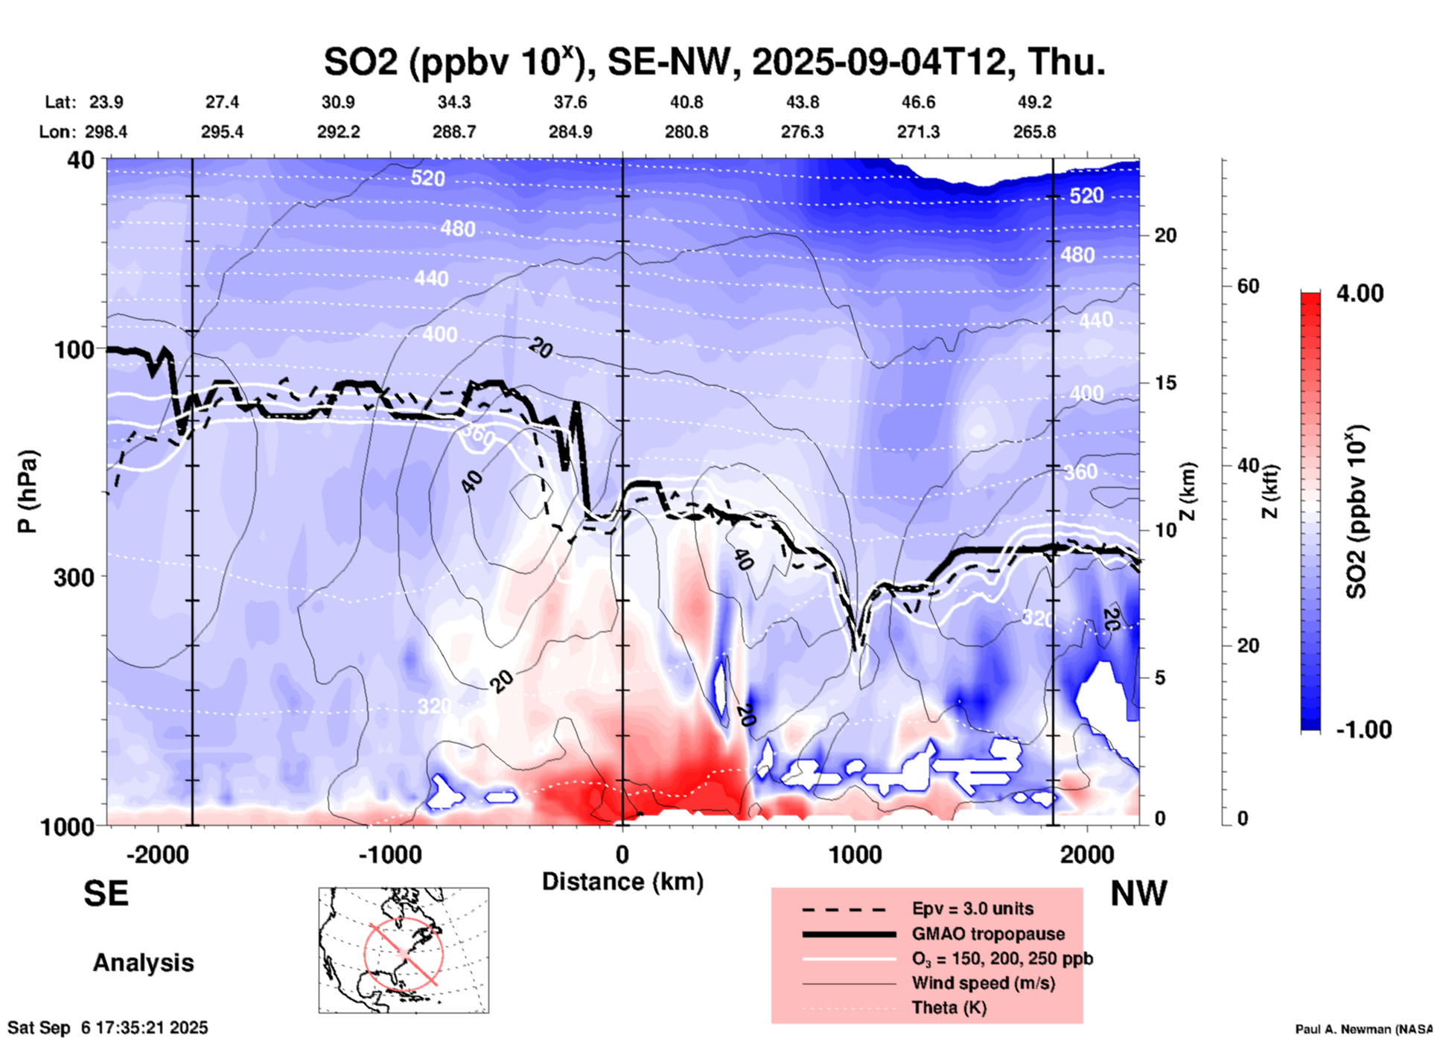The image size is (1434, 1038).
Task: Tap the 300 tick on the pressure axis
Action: pyautogui.click(x=74, y=577)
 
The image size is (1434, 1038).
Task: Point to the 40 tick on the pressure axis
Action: pyautogui.click(x=80, y=160)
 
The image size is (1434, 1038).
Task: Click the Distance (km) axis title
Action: pyautogui.click(x=622, y=882)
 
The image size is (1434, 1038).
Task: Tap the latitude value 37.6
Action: pyautogui.click(x=570, y=102)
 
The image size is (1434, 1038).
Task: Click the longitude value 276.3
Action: pyautogui.click(x=802, y=132)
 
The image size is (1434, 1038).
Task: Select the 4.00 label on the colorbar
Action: pyautogui.click(x=1360, y=293)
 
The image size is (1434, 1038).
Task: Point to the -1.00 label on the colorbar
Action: pyautogui.click(x=1363, y=729)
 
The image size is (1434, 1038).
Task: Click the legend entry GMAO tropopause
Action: pyautogui.click(x=988, y=934)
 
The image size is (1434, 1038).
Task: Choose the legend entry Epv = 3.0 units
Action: pyautogui.click(x=972, y=908)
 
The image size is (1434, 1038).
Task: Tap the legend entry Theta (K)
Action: pyautogui.click(x=949, y=1007)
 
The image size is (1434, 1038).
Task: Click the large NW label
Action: pyautogui.click(x=1138, y=894)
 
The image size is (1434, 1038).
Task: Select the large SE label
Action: pyautogui.click(x=106, y=894)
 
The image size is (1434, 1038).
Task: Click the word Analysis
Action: pyautogui.click(x=143, y=963)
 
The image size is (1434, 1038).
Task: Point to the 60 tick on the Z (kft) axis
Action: pyautogui.click(x=1248, y=286)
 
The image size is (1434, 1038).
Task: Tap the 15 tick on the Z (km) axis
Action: pyautogui.click(x=1165, y=383)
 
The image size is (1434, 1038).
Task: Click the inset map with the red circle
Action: pyautogui.click(x=404, y=949)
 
